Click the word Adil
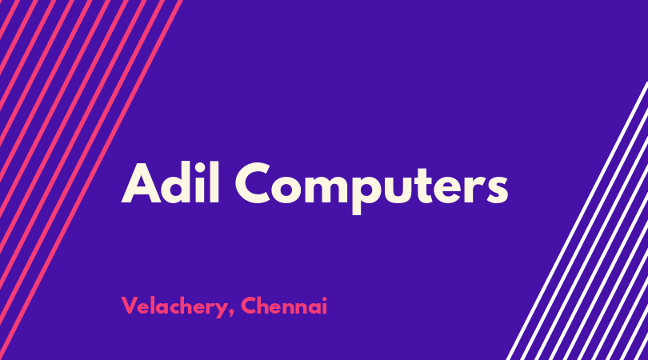[170, 182]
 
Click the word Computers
[371, 187]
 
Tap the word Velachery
[174, 306]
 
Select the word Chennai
[284, 306]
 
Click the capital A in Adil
[141, 183]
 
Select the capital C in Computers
[253, 182]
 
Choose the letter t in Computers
[432, 185]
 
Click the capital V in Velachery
[130, 306]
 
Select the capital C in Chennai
[249, 306]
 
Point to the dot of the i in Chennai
[324, 298]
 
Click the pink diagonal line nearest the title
[90, 180]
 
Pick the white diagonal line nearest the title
[577, 221]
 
